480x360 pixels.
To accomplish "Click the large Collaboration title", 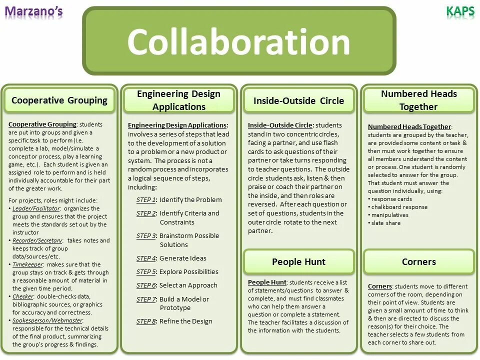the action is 239,42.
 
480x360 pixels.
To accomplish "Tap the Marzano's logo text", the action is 34,10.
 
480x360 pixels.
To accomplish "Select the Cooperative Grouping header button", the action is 59,100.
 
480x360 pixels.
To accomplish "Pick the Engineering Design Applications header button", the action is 178,100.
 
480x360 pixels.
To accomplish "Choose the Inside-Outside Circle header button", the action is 298,100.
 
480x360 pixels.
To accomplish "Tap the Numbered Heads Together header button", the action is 418,100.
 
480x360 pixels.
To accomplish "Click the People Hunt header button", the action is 298,262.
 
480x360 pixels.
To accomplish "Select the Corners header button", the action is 418,262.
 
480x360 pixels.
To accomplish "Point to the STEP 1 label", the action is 145,199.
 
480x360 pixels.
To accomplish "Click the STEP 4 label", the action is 146,258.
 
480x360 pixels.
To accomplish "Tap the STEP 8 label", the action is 146,321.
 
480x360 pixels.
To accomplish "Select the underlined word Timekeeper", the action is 28,264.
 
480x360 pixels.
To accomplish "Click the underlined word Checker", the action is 22,296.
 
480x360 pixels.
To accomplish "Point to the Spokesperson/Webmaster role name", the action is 47,320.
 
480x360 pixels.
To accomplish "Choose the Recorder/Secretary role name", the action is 37,240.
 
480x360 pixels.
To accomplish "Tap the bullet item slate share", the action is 386,223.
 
